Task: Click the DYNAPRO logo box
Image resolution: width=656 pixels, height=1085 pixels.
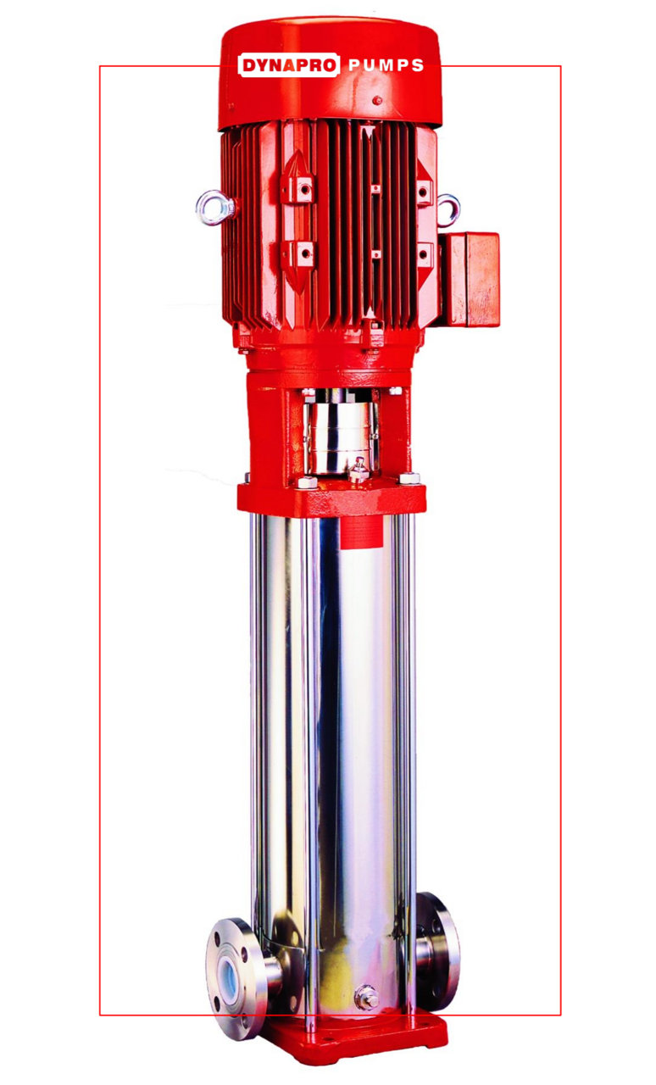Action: [288, 65]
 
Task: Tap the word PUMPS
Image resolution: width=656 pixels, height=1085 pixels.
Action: [386, 65]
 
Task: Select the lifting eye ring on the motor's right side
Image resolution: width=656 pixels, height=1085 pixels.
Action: [448, 210]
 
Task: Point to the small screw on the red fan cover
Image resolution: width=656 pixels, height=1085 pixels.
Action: [377, 101]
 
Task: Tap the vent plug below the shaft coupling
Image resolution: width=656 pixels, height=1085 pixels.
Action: [359, 469]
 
